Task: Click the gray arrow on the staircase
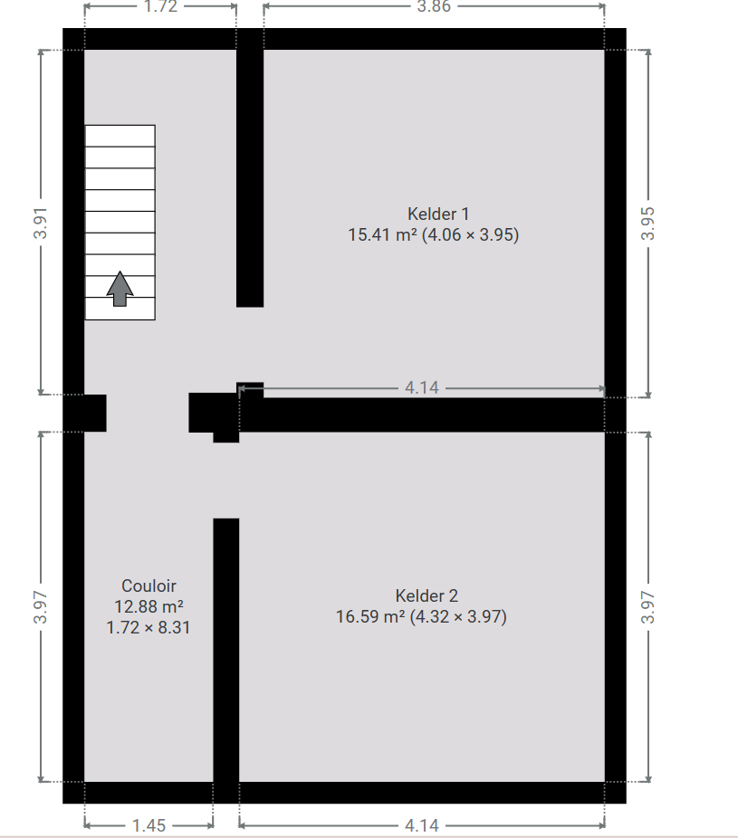120,289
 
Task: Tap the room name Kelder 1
438,214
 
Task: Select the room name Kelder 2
427,595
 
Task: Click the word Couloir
149,586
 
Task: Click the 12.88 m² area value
149,606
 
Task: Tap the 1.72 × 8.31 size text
149,627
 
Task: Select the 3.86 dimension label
434,6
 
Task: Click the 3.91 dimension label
41,223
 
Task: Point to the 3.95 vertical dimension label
647,223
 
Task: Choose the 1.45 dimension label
149,825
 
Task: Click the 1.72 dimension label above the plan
160,6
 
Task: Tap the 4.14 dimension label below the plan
421,825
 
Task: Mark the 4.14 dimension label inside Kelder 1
421,387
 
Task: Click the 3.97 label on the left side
41,607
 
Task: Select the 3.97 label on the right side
647,607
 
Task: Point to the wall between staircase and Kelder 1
250,178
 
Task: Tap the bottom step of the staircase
120,309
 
